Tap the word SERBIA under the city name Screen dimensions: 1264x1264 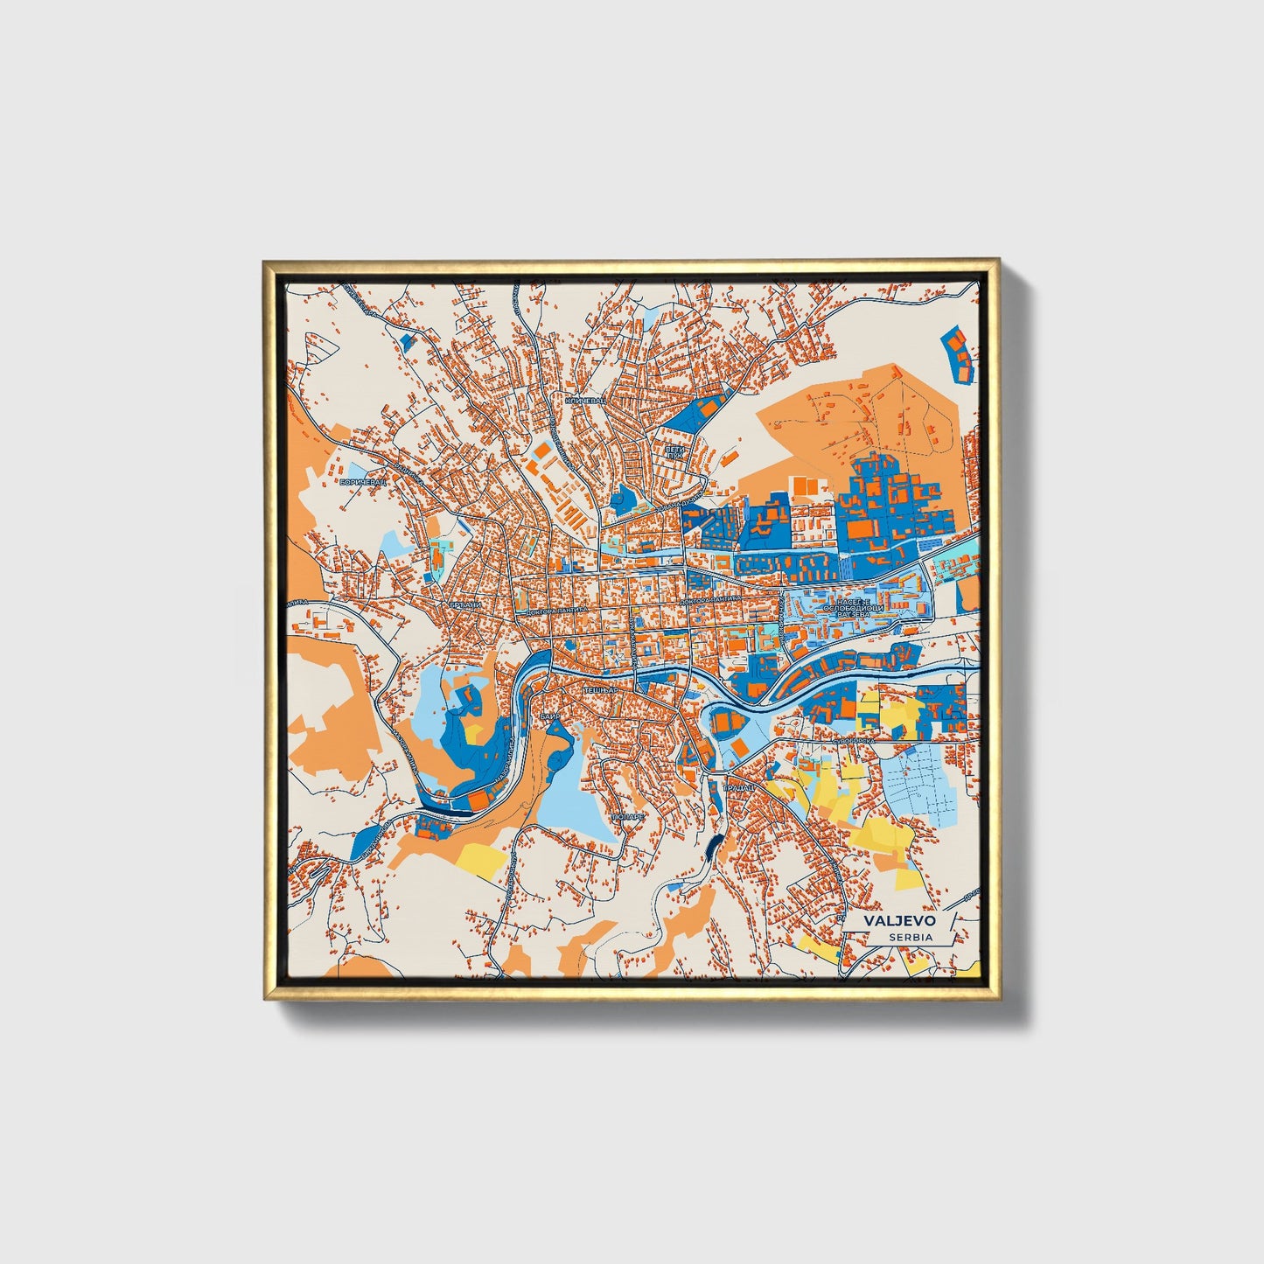910,937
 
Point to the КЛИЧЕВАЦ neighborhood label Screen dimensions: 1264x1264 585,400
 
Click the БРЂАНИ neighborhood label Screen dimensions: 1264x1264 464,604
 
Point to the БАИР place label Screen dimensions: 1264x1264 550,716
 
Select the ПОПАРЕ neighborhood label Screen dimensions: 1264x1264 628,816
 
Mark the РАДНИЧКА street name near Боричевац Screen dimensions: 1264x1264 408,473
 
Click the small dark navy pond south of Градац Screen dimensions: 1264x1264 715,845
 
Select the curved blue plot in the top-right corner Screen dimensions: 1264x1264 960,353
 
